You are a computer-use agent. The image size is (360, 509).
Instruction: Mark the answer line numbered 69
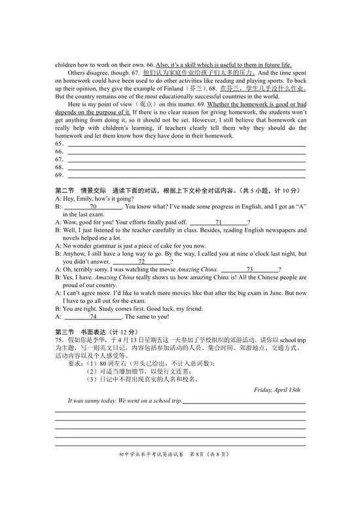[x=186, y=176]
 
